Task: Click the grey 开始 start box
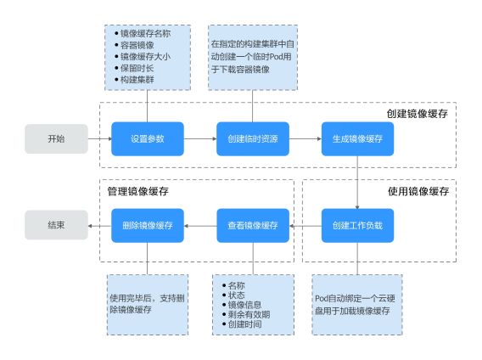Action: click(x=56, y=138)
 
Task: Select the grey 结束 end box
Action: click(x=56, y=225)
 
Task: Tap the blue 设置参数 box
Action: click(x=148, y=138)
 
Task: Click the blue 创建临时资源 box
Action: click(x=253, y=138)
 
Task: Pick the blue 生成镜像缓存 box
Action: click(x=357, y=138)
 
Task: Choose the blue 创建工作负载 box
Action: click(x=357, y=226)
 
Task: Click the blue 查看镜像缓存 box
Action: click(x=253, y=226)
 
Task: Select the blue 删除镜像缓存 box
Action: click(x=148, y=226)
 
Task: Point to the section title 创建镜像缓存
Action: click(x=417, y=114)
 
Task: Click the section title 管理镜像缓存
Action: click(x=138, y=191)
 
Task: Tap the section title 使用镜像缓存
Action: click(x=418, y=191)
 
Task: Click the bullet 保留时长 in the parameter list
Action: click(x=134, y=68)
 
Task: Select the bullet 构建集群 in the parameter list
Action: click(x=134, y=80)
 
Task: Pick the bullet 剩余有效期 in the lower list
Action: click(x=246, y=314)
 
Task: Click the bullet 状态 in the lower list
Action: click(x=233, y=295)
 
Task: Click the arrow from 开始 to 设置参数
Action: click(x=100, y=138)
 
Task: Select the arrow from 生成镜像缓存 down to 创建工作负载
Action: click(x=357, y=183)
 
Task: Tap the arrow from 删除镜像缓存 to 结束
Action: click(x=99, y=226)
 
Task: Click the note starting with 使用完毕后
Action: click(x=147, y=304)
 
